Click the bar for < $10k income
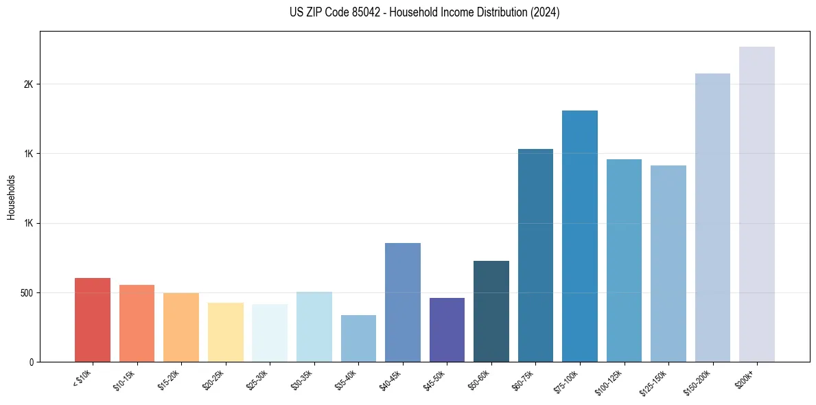(93, 320)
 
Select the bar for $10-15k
(137, 323)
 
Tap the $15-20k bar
(181, 327)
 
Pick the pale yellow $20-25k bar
(225, 332)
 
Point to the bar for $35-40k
(358, 338)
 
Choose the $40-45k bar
(403, 302)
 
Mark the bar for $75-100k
(580, 236)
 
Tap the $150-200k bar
(712, 218)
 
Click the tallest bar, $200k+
(757, 204)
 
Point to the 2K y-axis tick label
(28, 84)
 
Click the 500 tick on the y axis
(26, 293)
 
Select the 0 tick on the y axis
(32, 362)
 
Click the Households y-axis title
(11, 196)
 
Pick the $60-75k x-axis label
(533, 380)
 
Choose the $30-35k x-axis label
(311, 380)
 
